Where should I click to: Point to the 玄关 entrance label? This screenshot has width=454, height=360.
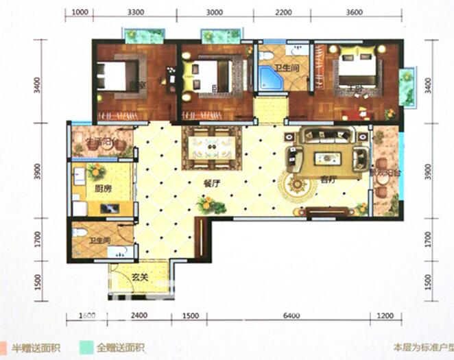coord(141,278)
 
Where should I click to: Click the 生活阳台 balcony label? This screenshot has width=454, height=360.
coord(102,143)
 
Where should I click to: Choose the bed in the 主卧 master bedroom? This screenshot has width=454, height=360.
coord(355,67)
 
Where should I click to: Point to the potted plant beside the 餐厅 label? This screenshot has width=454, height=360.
coord(204,204)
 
